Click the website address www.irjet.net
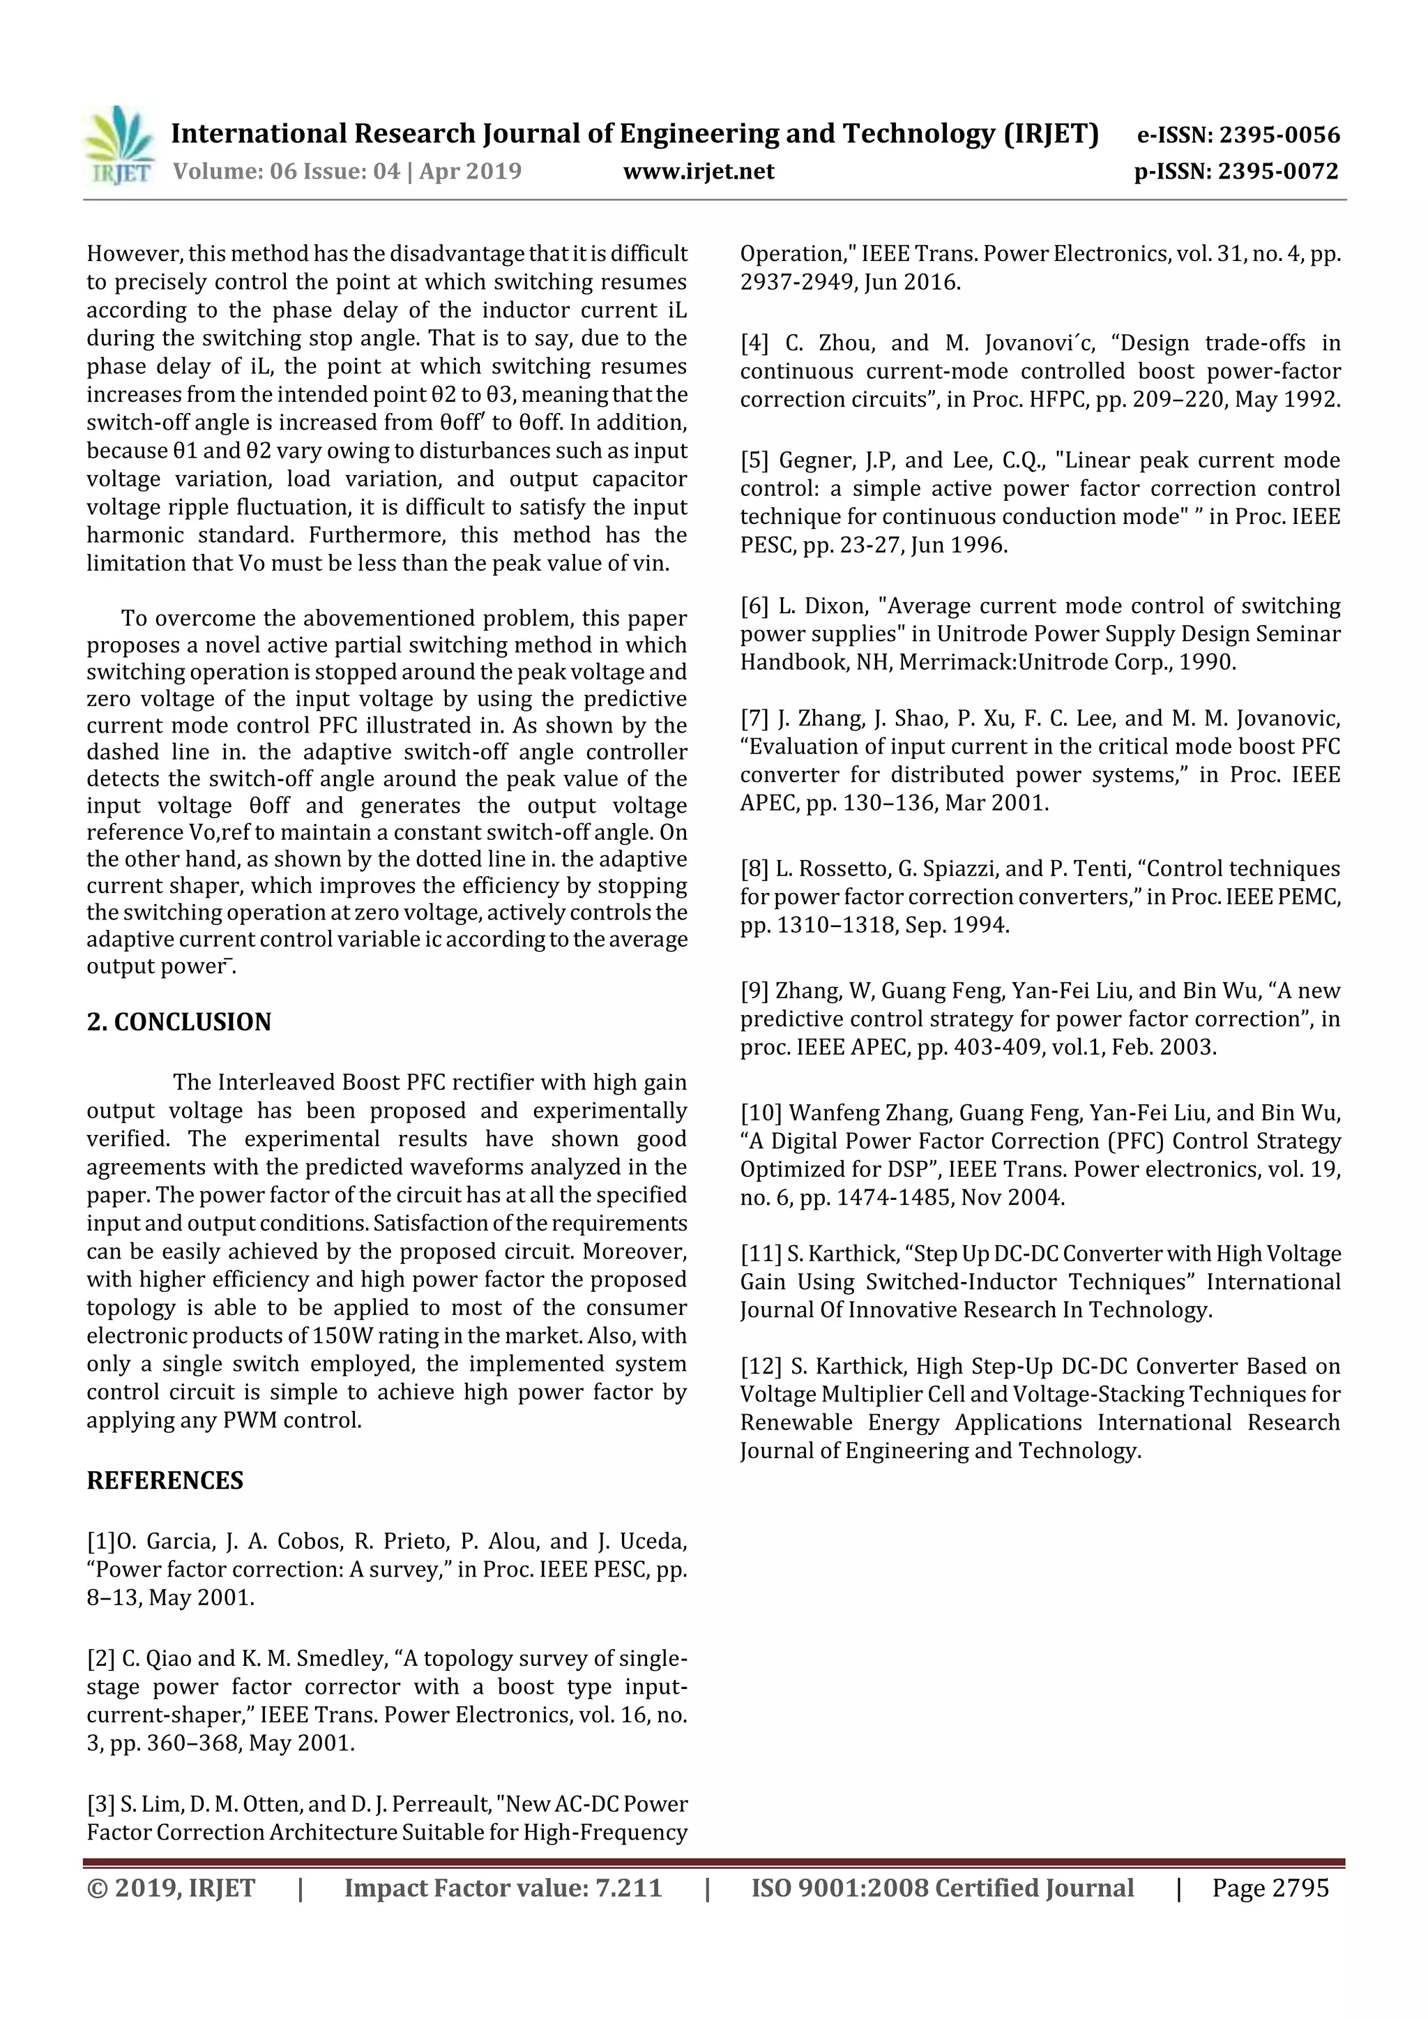698,171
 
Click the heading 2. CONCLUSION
178,1022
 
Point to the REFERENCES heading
165,1480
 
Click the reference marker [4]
754,343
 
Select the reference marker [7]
754,719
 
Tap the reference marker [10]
760,1113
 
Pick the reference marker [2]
100,1658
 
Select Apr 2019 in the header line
470,171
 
